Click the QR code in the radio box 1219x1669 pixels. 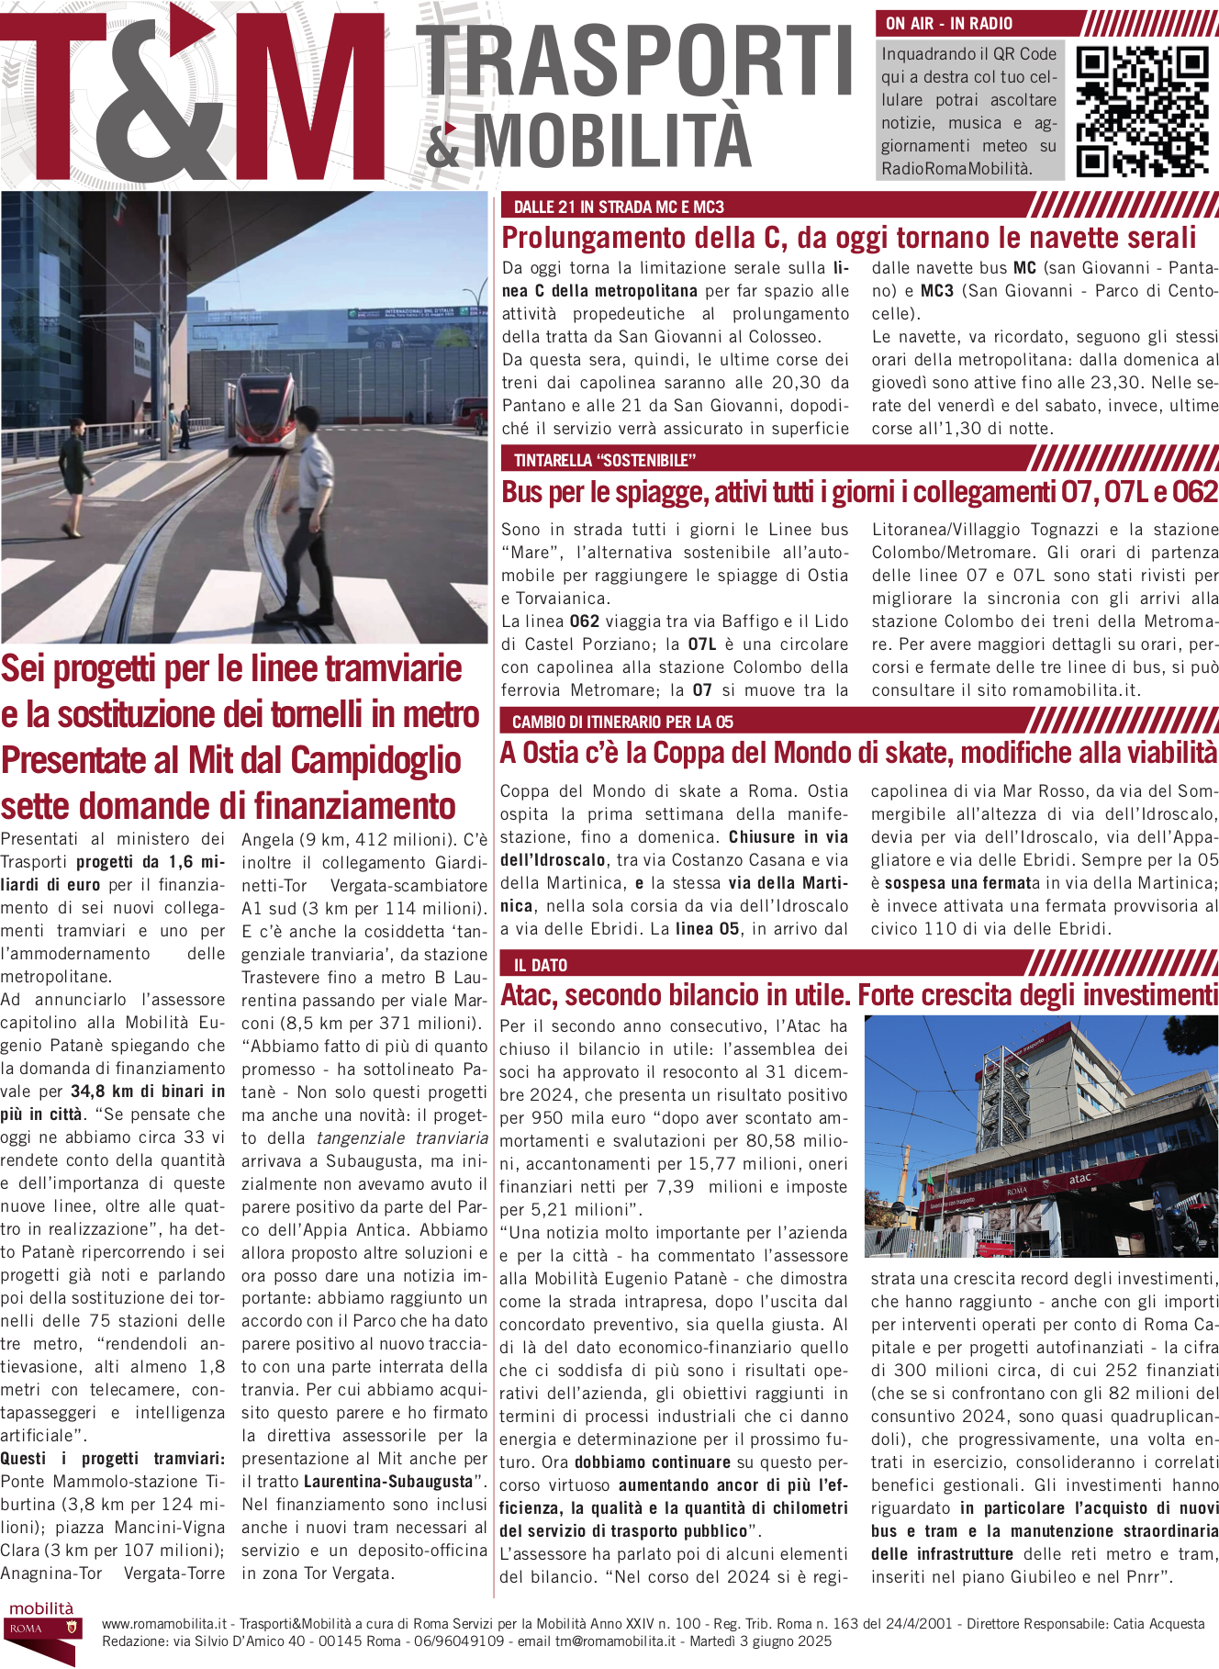tap(1142, 111)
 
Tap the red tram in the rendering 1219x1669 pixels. tap(264, 410)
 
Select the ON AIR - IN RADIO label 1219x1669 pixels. tap(949, 24)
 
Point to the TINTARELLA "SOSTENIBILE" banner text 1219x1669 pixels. tap(605, 460)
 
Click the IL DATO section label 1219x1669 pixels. tap(541, 965)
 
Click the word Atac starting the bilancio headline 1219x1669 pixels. tap(527, 995)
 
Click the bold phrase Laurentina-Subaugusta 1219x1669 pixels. tap(387, 1482)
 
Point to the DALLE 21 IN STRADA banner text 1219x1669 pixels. tap(619, 207)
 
